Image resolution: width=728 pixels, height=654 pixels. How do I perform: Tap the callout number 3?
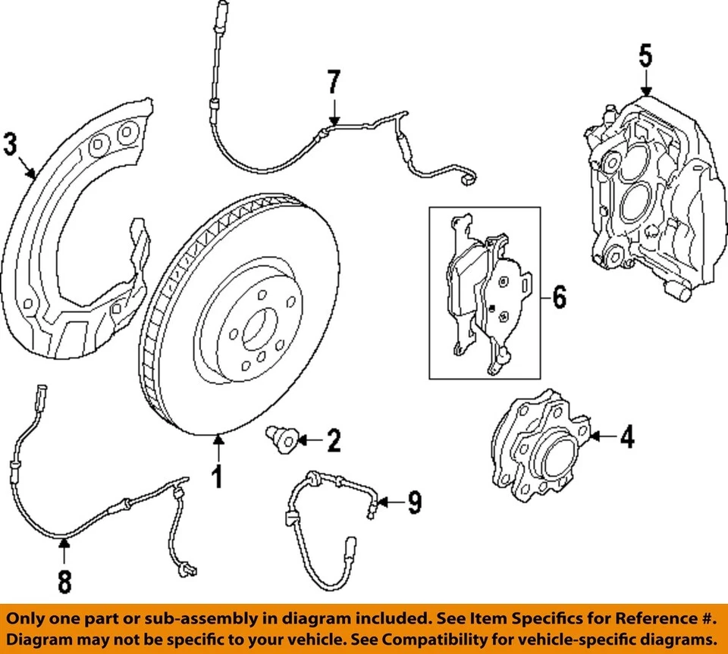[x=10, y=144]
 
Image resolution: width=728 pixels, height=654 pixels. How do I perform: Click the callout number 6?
[x=559, y=297]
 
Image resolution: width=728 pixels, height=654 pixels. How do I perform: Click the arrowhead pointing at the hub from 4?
[x=592, y=437]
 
